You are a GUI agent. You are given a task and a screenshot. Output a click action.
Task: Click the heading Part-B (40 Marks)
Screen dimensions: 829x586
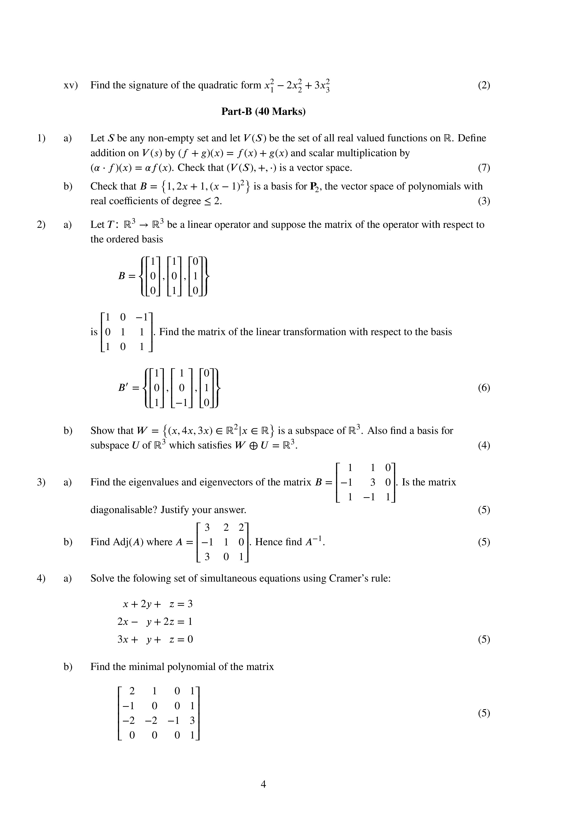[x=263, y=112]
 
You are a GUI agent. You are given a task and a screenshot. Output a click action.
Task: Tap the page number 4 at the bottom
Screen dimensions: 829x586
[x=263, y=784]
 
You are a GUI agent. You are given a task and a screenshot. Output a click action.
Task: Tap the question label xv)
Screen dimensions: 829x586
[x=71, y=85]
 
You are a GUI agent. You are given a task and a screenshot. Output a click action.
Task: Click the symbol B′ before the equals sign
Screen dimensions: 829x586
[x=124, y=388]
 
